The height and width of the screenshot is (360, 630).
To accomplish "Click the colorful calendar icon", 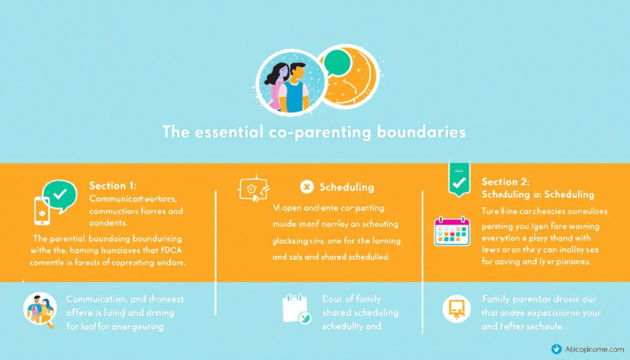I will [451, 232].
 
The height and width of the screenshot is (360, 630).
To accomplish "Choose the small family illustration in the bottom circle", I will [39, 308].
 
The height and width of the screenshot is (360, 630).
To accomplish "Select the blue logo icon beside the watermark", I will [558, 348].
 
